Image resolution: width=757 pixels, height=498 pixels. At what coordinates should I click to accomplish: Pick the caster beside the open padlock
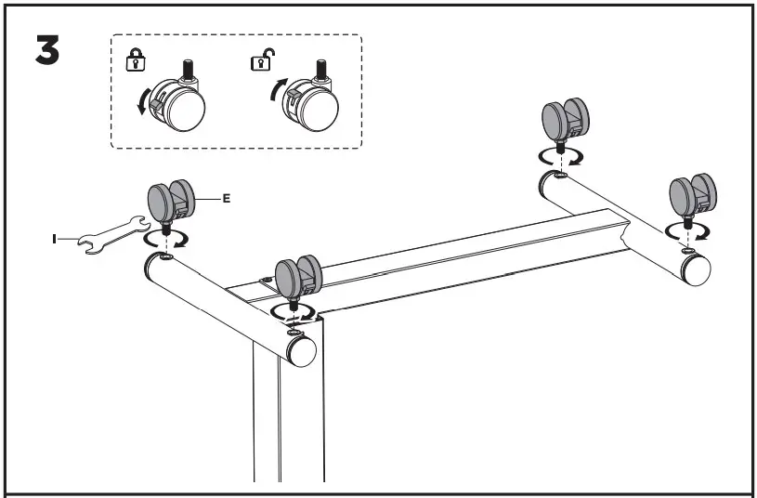pos(307,101)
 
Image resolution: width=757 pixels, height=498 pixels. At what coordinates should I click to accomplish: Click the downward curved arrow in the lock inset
pos(143,99)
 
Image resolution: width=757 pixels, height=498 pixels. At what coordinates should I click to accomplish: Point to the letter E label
pos(226,198)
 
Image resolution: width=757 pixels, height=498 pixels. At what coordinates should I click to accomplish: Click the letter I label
pos(54,240)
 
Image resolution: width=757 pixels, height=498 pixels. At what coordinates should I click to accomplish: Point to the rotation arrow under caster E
pos(166,240)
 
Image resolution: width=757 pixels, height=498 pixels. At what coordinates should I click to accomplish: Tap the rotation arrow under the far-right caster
pos(687,231)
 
